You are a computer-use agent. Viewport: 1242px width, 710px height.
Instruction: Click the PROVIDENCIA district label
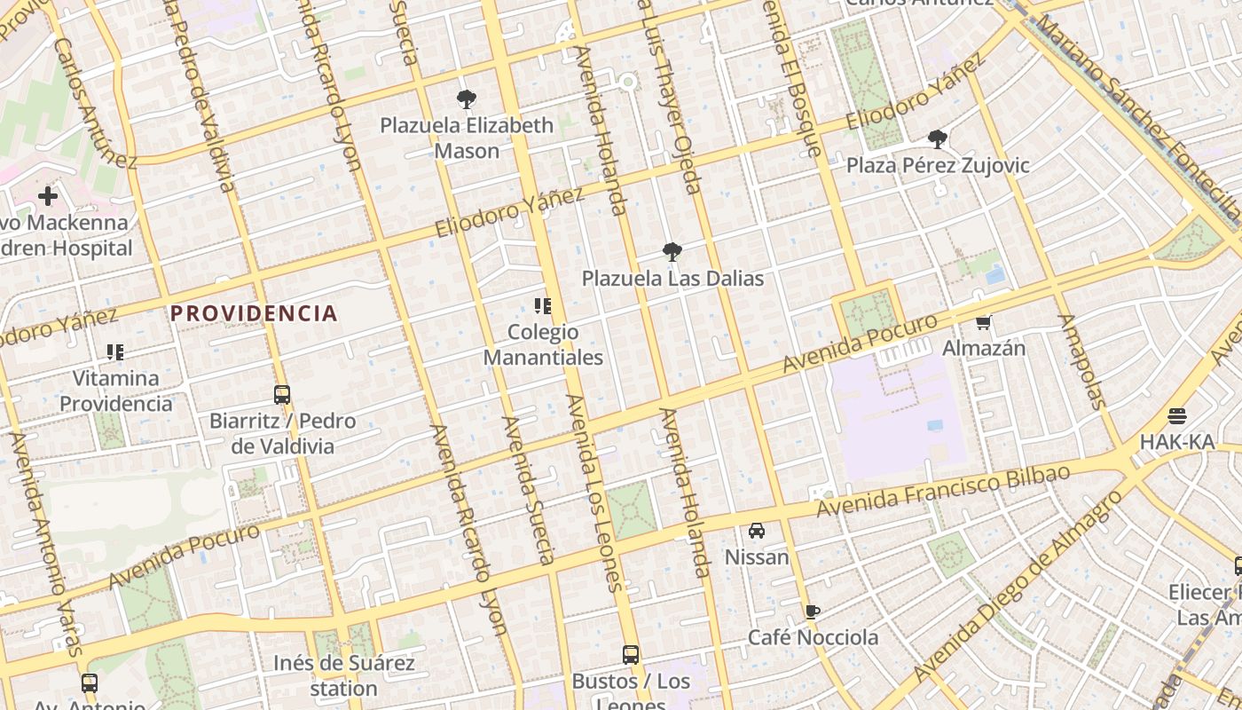tap(254, 313)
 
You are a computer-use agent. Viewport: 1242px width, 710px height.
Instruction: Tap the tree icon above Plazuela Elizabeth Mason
tap(466, 99)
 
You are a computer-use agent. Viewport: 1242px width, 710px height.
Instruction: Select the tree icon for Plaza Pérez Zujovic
tap(937, 139)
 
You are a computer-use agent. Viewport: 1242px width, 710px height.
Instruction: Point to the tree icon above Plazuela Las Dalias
tap(672, 252)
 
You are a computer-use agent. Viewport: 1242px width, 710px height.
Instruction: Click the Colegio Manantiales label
tap(543, 345)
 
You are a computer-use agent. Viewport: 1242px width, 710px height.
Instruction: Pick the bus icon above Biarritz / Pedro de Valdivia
tap(282, 395)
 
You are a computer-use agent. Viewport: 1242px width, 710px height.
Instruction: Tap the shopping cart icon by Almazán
tap(983, 322)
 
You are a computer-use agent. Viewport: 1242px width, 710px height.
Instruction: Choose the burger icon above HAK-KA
tap(1177, 416)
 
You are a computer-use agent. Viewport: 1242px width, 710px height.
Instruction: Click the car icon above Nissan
tap(757, 531)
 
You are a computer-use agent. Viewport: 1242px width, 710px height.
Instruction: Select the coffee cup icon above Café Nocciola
tap(813, 611)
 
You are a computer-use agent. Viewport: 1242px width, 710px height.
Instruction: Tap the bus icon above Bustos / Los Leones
tap(631, 655)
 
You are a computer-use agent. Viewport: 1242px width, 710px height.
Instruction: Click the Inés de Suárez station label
tap(343, 675)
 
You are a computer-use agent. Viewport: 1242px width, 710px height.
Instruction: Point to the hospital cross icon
tap(48, 196)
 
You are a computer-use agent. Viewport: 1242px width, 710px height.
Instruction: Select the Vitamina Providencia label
tap(116, 390)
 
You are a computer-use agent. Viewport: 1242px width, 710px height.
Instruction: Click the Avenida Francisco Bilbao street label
tap(943, 492)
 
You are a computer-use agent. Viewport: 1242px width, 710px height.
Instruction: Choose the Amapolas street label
tap(1083, 361)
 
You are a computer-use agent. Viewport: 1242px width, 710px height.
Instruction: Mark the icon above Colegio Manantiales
tap(543, 307)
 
